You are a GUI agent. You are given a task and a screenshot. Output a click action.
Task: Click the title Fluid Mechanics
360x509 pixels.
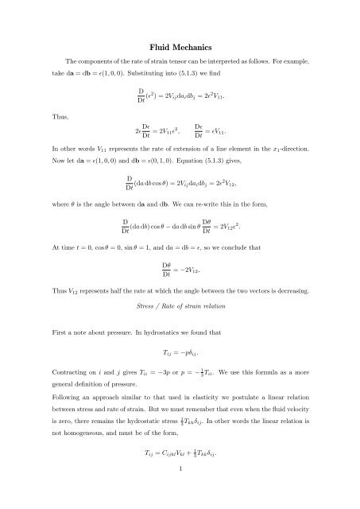[180, 47]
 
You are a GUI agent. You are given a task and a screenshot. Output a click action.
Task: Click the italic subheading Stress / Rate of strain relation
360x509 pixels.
[180, 304]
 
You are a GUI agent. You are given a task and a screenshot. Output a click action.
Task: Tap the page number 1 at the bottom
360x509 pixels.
[180, 495]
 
